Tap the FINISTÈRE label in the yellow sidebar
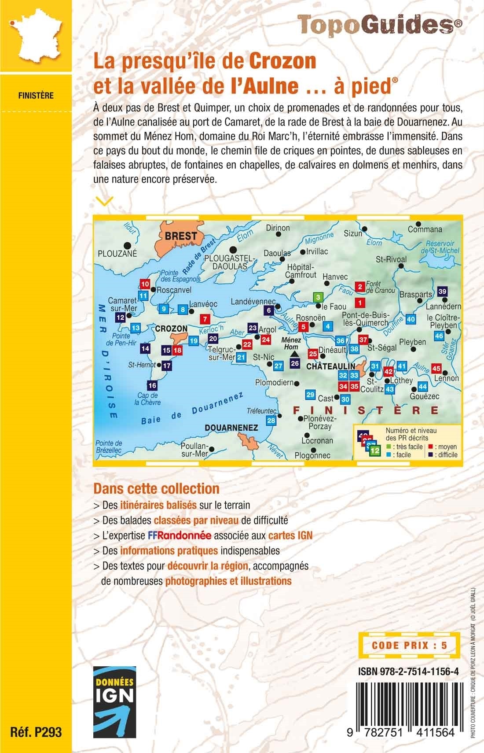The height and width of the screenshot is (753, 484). pos(36,95)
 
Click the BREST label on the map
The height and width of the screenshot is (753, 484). pos(181,236)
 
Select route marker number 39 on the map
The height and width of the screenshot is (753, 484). pos(442,291)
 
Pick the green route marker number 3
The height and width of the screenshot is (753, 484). pos(318,297)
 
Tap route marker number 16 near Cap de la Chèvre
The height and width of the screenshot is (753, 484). pos(152,386)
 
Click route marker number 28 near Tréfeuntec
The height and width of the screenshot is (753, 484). pos(271,420)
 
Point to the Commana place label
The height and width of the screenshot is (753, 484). pos(425,229)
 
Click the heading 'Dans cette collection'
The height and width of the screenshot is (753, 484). pos(156,489)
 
